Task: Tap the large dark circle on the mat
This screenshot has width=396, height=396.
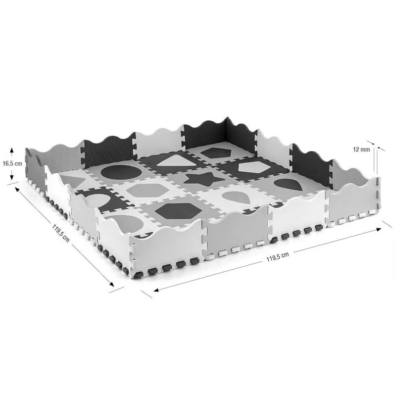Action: point(121,172)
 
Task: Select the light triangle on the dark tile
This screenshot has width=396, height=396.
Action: point(176,160)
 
